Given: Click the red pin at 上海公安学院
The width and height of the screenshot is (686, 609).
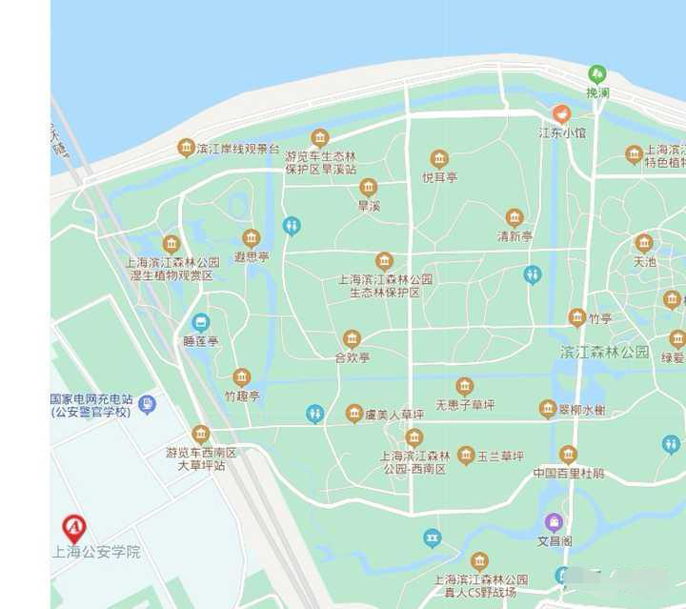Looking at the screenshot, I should pyautogui.click(x=73, y=527).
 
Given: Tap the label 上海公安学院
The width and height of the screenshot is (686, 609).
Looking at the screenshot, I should pyautogui.click(x=95, y=552).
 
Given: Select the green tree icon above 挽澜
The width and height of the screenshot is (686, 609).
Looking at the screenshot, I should pyautogui.click(x=597, y=73).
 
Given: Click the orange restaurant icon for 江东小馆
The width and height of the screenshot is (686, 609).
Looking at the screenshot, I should pyautogui.click(x=562, y=113).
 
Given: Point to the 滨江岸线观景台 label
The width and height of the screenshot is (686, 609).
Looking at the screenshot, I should pyautogui.click(x=237, y=149).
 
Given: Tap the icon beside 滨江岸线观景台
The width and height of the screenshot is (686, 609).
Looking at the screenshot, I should pyautogui.click(x=187, y=148).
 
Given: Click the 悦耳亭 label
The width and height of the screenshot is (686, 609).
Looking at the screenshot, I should pyautogui.click(x=439, y=176).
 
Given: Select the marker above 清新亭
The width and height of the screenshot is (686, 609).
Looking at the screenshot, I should pyautogui.click(x=514, y=217).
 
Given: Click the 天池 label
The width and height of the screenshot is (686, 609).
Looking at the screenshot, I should pyautogui.click(x=645, y=261).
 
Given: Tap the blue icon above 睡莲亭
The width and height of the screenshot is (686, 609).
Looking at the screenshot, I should pyautogui.click(x=200, y=322).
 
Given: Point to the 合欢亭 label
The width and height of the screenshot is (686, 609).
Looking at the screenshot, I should pyautogui.click(x=352, y=357).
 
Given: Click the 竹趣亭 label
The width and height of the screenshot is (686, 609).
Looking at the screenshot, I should pyautogui.click(x=242, y=395).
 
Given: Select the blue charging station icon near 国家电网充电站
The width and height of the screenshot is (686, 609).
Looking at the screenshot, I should pyautogui.click(x=147, y=404).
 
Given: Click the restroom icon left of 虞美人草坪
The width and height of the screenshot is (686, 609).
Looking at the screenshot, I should pyautogui.click(x=315, y=414).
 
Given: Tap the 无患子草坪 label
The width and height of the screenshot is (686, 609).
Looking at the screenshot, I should pyautogui.click(x=465, y=405).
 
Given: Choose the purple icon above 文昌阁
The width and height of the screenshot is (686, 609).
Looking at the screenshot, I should pyautogui.click(x=554, y=522).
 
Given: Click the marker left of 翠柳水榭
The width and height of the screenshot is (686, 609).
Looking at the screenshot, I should pyautogui.click(x=547, y=409).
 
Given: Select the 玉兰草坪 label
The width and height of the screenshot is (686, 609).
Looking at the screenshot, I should pyautogui.click(x=501, y=457).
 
